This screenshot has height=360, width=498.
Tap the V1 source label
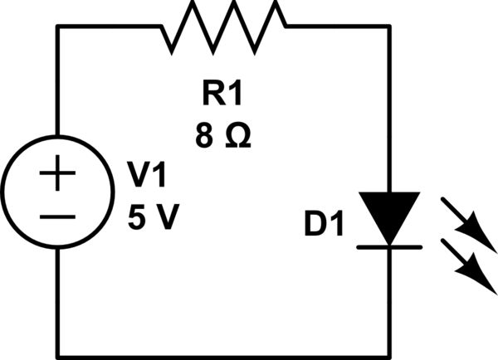[x=147, y=176]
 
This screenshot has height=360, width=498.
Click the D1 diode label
[x=324, y=225]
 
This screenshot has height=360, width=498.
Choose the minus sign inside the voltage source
[x=57, y=216]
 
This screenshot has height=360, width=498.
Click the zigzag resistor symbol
[x=224, y=24]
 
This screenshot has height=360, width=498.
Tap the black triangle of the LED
[x=389, y=216]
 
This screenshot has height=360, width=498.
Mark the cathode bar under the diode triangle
[x=389, y=246]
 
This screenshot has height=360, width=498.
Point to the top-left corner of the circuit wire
[x=57, y=26]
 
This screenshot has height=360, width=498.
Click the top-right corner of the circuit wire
[x=389, y=26]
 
